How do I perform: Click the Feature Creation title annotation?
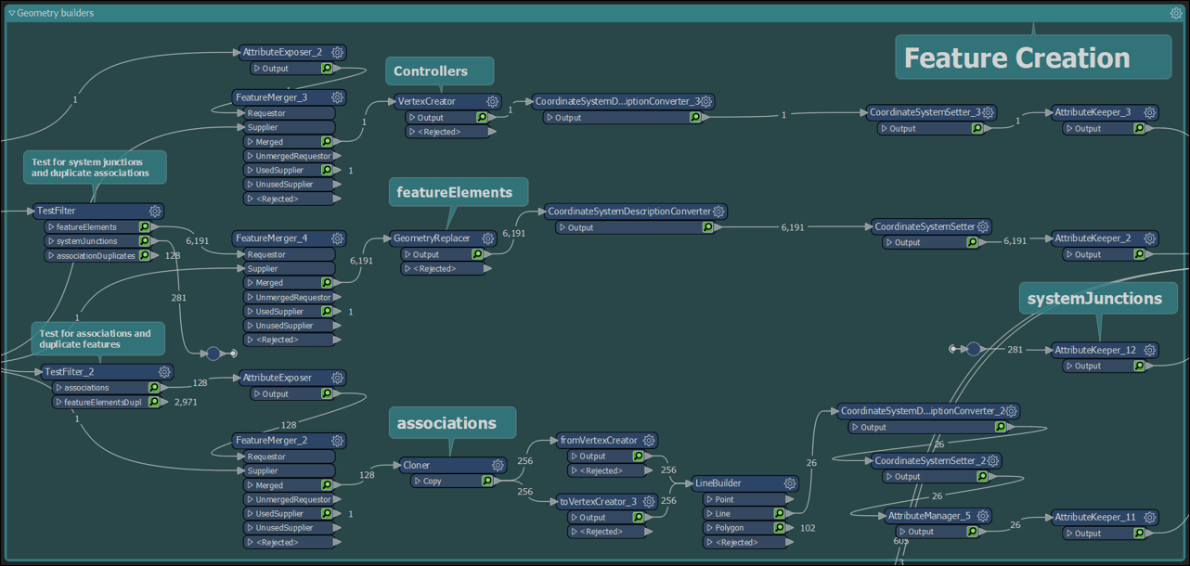pos(1016,58)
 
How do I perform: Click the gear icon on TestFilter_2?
pos(163,372)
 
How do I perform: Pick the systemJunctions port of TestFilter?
pos(87,241)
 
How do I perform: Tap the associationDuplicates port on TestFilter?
pos(96,255)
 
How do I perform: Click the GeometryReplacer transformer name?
pos(431,238)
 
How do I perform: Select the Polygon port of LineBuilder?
pos(731,528)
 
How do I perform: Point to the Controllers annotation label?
pos(431,71)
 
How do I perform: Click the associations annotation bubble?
pos(446,423)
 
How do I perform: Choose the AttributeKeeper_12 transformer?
pos(1094,350)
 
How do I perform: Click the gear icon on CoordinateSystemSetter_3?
pos(988,112)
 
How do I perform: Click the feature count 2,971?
pos(186,403)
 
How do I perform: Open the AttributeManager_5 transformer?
pos(928,516)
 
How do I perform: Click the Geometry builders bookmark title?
pos(55,13)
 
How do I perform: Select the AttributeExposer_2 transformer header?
pos(282,53)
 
